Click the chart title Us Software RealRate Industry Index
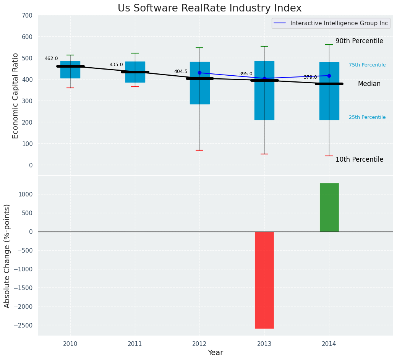pos(209,8)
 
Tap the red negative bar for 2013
pos(264,280)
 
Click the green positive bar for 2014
pos(329,207)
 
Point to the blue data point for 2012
pos(199,73)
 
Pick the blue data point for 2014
pos(329,76)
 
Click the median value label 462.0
pos(51,58)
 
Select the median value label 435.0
pos(116,65)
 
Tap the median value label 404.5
pos(181,71)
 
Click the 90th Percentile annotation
pos(359,41)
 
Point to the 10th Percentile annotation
pos(359,159)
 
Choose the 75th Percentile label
pos(367,65)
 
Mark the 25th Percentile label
pos(367,117)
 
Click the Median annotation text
pos(369,84)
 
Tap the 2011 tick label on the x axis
pos(135,344)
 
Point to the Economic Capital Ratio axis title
pos(16,96)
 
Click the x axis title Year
pos(215,353)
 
